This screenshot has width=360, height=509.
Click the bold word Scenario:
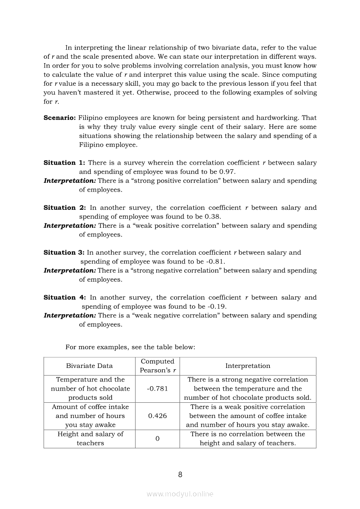pos(60,118)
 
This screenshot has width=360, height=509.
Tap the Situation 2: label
pos(65,208)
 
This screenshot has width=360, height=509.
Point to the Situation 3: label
pos(64,253)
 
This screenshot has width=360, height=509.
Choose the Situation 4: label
pos(65,297)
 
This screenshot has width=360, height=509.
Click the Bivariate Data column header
pos(89,366)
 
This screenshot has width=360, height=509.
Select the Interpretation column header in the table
pos(248,366)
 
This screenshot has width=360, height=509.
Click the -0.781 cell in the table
pos(157,388)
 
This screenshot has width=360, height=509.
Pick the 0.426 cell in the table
pos(157,416)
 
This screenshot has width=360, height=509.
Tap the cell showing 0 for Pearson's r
pos(157,438)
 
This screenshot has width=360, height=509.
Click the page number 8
pos(180,475)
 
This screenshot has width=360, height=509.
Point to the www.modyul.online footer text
pos(180,494)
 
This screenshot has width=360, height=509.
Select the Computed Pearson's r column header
pos(157,366)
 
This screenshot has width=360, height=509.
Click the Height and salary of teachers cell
pos(90,438)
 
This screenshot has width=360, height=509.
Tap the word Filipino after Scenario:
pos(91,118)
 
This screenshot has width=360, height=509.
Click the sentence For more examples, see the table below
pos(130,347)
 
